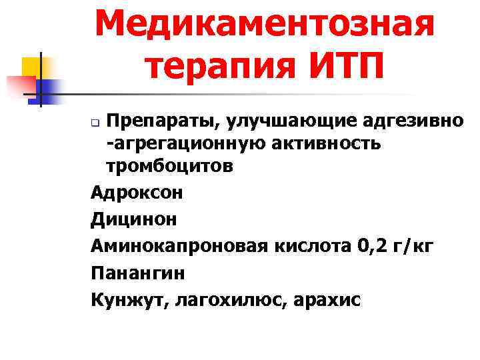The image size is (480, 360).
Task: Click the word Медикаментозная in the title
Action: pyautogui.click(x=264, y=25)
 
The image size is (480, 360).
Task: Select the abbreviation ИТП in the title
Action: pyautogui.click(x=343, y=67)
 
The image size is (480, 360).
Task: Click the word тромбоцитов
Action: pyautogui.click(x=169, y=166)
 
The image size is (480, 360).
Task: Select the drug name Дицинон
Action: pyautogui.click(x=134, y=220)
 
